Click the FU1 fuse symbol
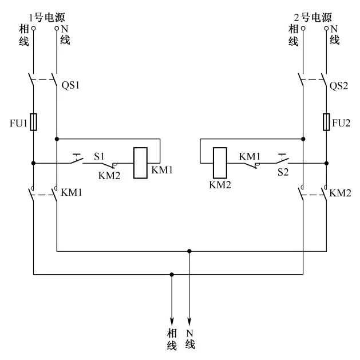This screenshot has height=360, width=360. [34, 122]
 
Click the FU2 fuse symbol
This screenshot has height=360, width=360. [326, 122]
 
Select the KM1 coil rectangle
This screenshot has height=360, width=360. [141, 163]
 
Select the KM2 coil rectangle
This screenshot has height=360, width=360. [220, 163]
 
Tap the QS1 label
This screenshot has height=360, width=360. [70, 85]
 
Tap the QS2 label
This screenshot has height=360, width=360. [339, 86]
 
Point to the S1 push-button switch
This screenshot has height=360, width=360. [77, 159]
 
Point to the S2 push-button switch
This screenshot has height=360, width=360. [282, 159]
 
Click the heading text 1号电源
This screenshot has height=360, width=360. [47, 17]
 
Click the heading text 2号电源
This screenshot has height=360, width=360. [313, 17]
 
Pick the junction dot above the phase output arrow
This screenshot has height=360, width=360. [172, 274]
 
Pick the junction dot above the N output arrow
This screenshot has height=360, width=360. [189, 251]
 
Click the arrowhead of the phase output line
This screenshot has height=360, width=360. [172, 321]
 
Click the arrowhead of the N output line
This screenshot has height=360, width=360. [189, 321]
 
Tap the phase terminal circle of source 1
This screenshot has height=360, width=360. [34, 28]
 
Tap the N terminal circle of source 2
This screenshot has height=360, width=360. [326, 28]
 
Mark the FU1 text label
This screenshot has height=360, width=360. [18, 123]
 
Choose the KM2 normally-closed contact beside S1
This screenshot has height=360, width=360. [109, 165]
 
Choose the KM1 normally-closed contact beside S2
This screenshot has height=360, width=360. [251, 165]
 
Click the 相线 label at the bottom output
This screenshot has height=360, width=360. [172, 339]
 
